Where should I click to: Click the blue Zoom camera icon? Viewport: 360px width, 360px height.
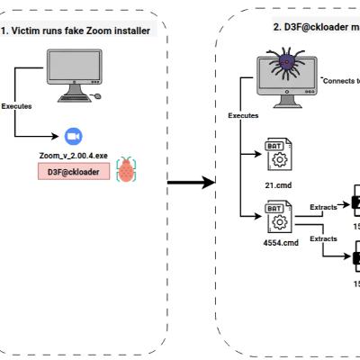pos(73,136)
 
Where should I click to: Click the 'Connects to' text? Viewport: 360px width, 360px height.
pos(340,81)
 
